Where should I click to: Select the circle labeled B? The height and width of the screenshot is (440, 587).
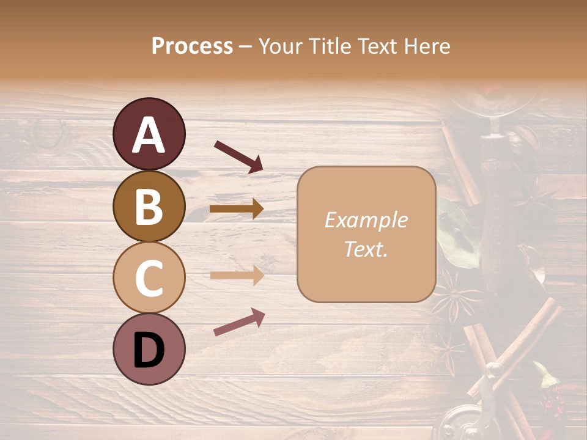tap(149, 206)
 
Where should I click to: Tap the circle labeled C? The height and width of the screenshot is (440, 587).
tap(149, 277)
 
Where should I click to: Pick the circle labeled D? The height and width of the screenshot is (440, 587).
tap(149, 349)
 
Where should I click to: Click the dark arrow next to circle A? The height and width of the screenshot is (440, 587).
tap(238, 156)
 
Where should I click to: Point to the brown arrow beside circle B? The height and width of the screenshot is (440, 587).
tap(237, 209)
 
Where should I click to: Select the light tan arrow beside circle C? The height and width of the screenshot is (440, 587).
tap(237, 276)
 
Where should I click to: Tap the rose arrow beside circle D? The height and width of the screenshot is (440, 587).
tap(238, 322)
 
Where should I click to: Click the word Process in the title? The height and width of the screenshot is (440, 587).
tap(192, 46)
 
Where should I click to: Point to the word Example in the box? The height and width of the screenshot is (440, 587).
tap(366, 220)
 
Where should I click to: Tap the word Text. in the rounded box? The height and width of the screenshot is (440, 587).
tap(366, 249)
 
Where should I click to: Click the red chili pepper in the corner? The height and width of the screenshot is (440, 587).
tap(551, 394)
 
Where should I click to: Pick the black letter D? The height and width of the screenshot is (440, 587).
tap(149, 350)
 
